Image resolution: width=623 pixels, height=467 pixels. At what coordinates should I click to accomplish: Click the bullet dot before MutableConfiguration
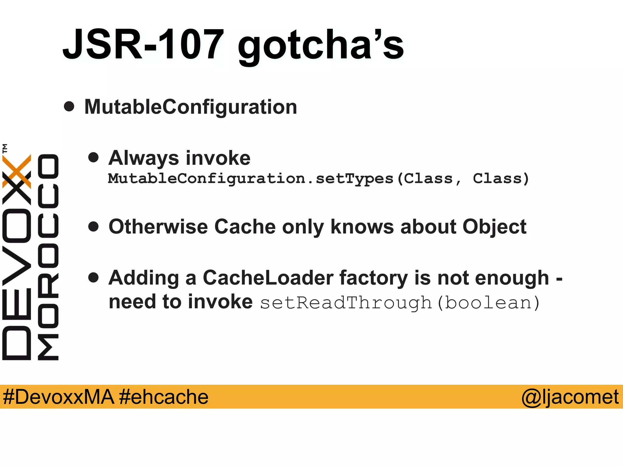point(69,106)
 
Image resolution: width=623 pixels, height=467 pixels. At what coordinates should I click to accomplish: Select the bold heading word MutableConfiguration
point(191,107)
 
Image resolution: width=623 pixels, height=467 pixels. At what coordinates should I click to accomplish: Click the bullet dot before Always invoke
point(93,157)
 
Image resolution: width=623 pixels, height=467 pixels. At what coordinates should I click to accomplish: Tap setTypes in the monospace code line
point(354,179)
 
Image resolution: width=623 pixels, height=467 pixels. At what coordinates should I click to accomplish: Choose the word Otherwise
point(158,227)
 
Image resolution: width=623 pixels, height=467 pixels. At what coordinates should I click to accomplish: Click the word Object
point(494,227)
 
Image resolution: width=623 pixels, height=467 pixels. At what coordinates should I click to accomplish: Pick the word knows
point(362,227)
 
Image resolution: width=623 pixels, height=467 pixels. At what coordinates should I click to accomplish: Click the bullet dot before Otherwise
point(93,227)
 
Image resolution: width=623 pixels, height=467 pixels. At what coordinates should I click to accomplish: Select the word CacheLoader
point(268,278)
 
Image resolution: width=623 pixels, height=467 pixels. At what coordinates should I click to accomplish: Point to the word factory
point(374,278)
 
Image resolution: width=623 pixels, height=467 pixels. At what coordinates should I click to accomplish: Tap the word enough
point(512,278)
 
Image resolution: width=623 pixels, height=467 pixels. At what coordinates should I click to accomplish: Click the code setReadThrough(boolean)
point(400,303)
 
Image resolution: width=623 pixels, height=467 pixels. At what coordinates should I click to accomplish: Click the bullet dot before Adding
point(93,277)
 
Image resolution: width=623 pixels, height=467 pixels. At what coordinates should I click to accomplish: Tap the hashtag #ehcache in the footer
point(164,397)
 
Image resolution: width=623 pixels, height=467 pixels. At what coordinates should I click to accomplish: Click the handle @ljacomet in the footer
point(570,397)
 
